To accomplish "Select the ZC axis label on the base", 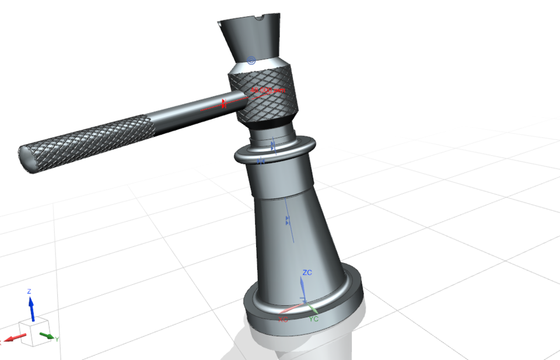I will (x=308, y=272).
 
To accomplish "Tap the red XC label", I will (x=283, y=320).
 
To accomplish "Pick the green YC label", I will (x=313, y=319).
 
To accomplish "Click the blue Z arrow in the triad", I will (x=32, y=308).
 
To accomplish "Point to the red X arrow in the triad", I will (x=16, y=337).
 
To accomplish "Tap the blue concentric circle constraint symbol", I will (x=251, y=60).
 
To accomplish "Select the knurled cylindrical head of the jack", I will (x=265, y=96).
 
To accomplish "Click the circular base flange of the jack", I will (x=303, y=309).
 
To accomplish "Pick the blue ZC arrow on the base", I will (x=302, y=289).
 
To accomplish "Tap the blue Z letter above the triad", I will (x=29, y=291).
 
